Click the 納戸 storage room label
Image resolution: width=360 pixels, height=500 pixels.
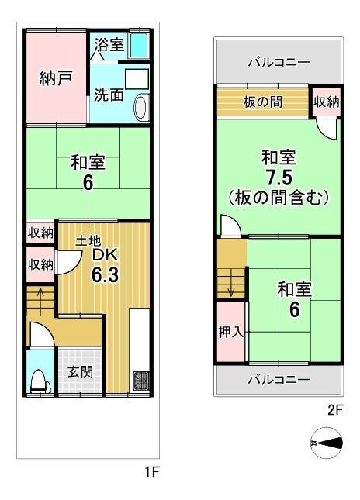pyautogui.click(x=56, y=78)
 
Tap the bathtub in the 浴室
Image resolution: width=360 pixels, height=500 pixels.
pyautogui.click(x=139, y=45)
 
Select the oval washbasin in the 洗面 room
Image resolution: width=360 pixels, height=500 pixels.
pyautogui.click(x=141, y=107)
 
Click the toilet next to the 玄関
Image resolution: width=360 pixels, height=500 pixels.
pyautogui.click(x=40, y=381)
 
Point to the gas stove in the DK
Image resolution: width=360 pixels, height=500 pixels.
pyautogui.click(x=141, y=381)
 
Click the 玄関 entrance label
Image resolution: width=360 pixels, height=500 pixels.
pyautogui.click(x=81, y=371)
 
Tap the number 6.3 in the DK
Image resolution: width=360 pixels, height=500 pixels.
pyautogui.click(x=105, y=274)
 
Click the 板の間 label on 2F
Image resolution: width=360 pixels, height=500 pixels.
pyautogui.click(x=262, y=102)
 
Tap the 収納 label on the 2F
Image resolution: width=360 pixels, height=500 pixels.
pyautogui.click(x=326, y=102)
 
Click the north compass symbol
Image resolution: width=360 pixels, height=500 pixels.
pyautogui.click(x=326, y=443)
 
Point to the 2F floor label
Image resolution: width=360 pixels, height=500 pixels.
pyautogui.click(x=335, y=410)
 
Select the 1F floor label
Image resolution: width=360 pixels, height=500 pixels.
pyautogui.click(x=152, y=471)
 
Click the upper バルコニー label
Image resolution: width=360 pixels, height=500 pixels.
pyautogui.click(x=279, y=62)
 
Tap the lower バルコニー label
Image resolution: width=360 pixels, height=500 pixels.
pyautogui.click(x=279, y=380)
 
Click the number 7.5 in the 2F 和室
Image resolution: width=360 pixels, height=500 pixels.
pyautogui.click(x=279, y=178)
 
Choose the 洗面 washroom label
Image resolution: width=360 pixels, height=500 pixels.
pyautogui.click(x=109, y=95)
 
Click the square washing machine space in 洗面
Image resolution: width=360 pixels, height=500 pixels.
pyautogui.click(x=137, y=79)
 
